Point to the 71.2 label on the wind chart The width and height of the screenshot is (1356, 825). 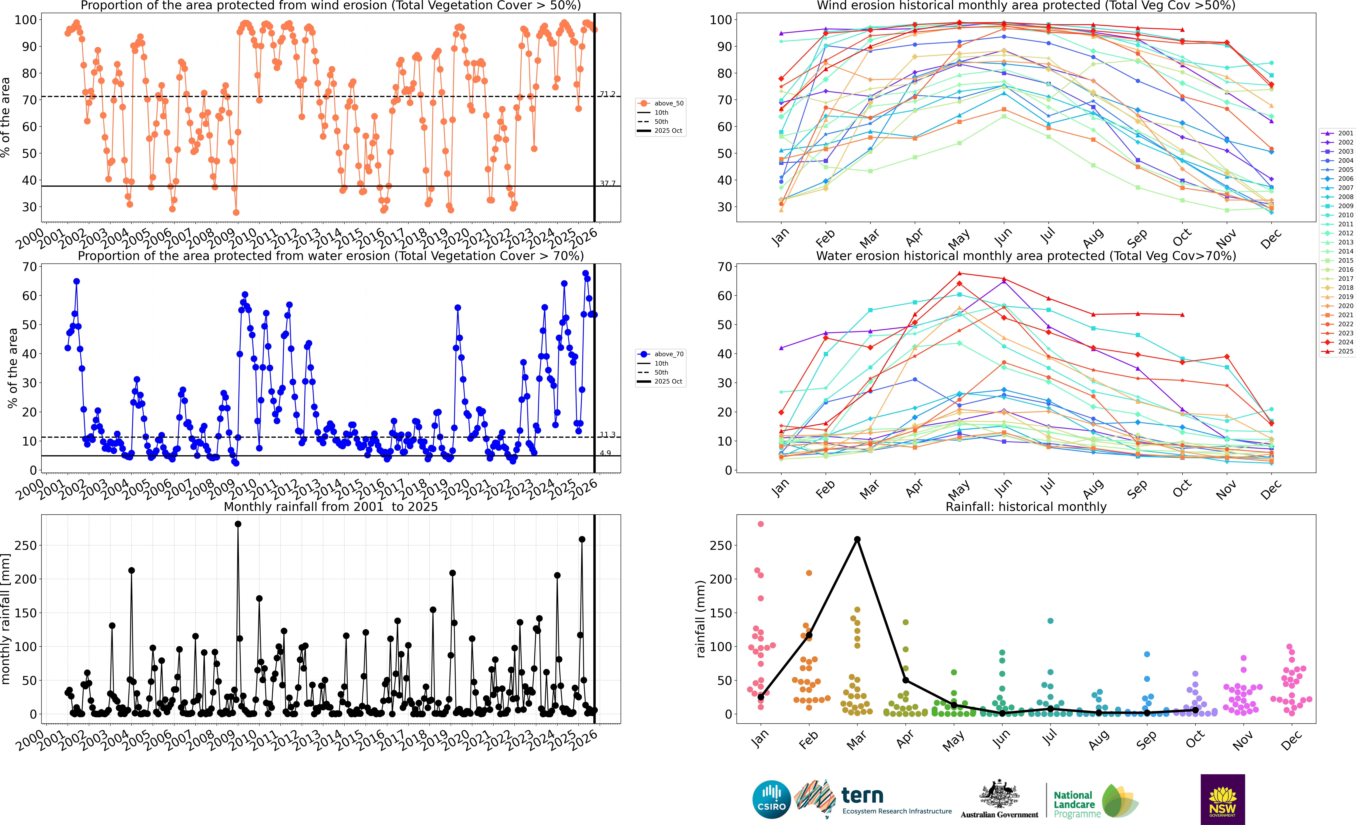click(608, 94)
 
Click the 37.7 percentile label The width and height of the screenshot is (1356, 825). click(608, 183)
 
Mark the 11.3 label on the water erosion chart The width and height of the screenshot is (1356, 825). click(608, 435)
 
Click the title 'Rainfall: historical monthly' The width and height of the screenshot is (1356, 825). click(1026, 507)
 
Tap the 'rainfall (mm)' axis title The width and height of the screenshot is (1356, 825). click(700, 619)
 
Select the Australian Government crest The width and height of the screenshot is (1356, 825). click(999, 795)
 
